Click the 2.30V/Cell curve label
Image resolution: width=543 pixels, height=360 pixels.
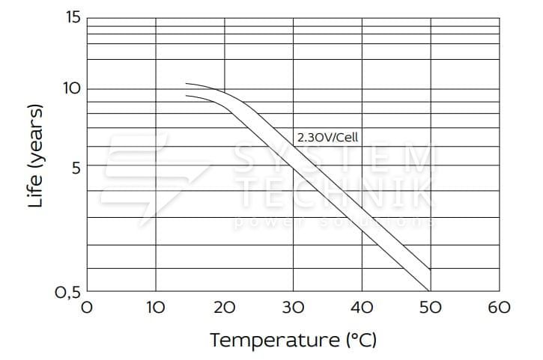coord(328,137)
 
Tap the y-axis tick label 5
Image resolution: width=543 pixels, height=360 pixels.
coord(74,166)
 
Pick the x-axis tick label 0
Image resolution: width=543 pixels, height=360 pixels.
coord(87,307)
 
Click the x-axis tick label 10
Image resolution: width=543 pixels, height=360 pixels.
coord(155,307)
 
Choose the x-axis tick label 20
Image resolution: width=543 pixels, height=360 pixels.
coord(224,307)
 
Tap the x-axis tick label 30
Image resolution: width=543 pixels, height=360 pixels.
coord(293,307)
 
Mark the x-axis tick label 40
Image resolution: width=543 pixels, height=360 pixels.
coord(362,307)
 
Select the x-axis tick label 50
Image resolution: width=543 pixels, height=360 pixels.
coord(430,307)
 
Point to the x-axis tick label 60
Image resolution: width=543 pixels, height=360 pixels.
coord(499,307)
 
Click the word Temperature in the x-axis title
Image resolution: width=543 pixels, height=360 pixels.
coord(274,341)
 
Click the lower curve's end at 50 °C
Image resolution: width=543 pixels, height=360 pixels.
coord(430,290)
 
